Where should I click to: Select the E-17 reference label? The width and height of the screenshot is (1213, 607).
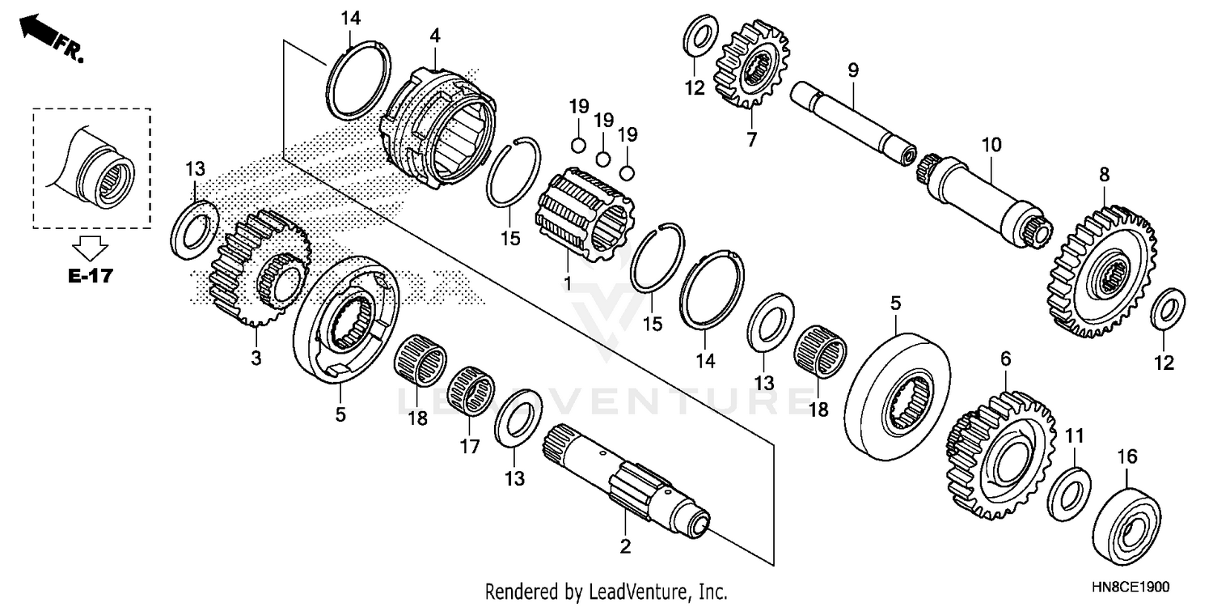click(89, 276)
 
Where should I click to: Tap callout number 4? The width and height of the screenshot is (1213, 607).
click(435, 36)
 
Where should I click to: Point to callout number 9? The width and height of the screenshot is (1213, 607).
click(852, 70)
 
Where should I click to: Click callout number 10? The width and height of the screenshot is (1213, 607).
click(991, 145)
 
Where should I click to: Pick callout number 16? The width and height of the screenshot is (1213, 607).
click(1126, 457)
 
